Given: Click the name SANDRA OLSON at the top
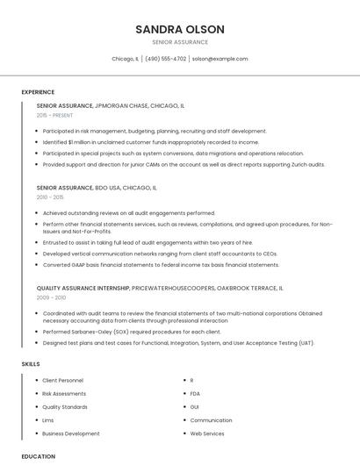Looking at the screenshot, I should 180,29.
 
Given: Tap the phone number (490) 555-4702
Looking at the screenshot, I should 165,59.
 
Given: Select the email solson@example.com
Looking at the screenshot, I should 220,59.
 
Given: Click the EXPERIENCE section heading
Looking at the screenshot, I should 38,92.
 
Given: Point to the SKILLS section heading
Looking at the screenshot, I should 31,363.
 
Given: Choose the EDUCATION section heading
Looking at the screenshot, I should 39,456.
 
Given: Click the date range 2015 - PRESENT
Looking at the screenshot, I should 56,115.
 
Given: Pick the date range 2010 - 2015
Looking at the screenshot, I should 50,197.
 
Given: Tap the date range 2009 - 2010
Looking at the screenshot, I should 50,297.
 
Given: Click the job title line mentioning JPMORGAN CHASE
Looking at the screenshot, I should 111,105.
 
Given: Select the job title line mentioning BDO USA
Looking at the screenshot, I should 97,188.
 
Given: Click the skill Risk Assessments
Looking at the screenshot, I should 64,394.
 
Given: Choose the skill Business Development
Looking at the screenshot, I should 71,433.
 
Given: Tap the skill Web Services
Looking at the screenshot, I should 207,433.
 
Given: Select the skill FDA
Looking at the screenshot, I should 196,394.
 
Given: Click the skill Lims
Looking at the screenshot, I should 48,420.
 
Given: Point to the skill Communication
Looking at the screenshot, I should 211,420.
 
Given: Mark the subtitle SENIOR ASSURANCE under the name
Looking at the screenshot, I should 180,42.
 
